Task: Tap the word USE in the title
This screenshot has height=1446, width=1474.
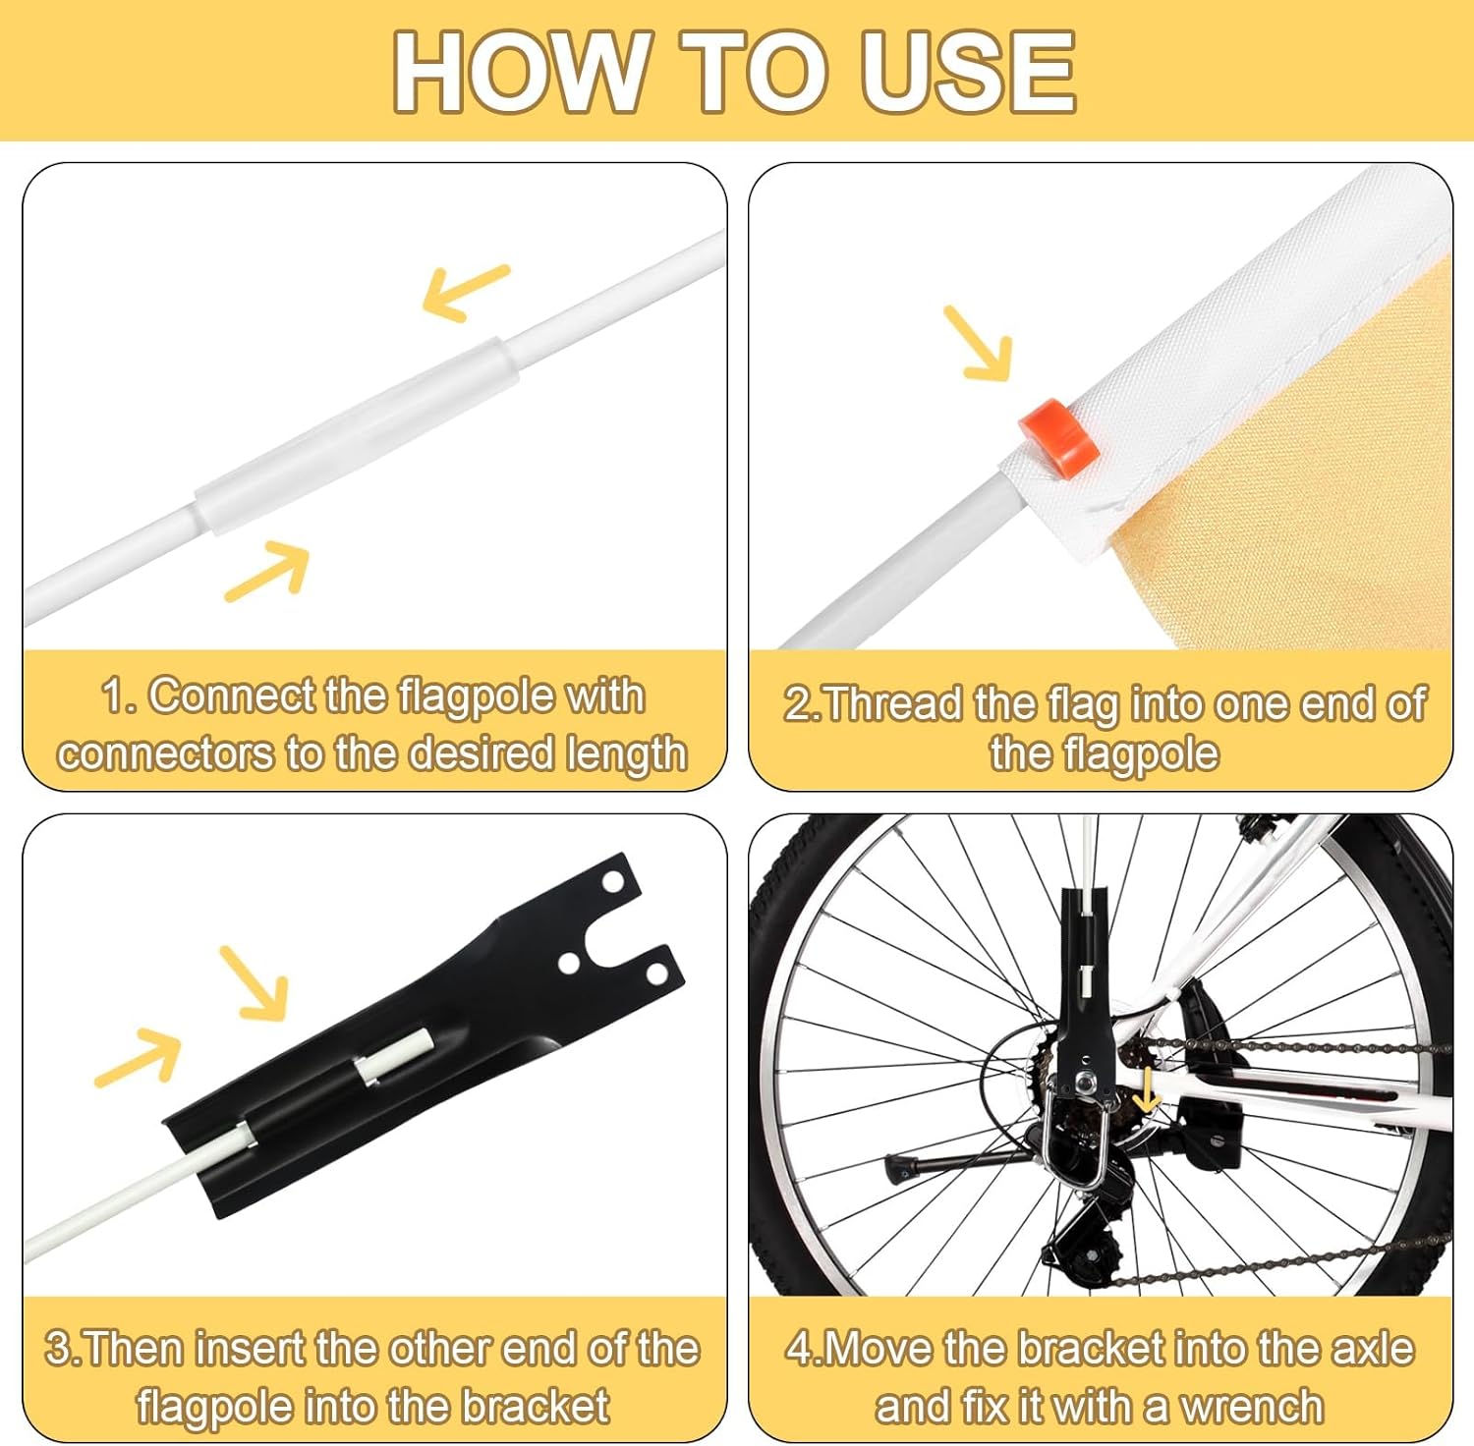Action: [968, 72]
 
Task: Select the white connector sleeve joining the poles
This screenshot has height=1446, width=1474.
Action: [356, 436]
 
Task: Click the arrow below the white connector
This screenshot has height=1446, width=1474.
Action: [267, 570]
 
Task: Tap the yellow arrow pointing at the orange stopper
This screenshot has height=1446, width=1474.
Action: [979, 344]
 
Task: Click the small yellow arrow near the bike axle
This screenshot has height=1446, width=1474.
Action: [1146, 1090]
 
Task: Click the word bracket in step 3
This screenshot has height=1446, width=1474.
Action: [536, 1406]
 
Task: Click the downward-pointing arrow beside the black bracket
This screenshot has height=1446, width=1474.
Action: [255, 983]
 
